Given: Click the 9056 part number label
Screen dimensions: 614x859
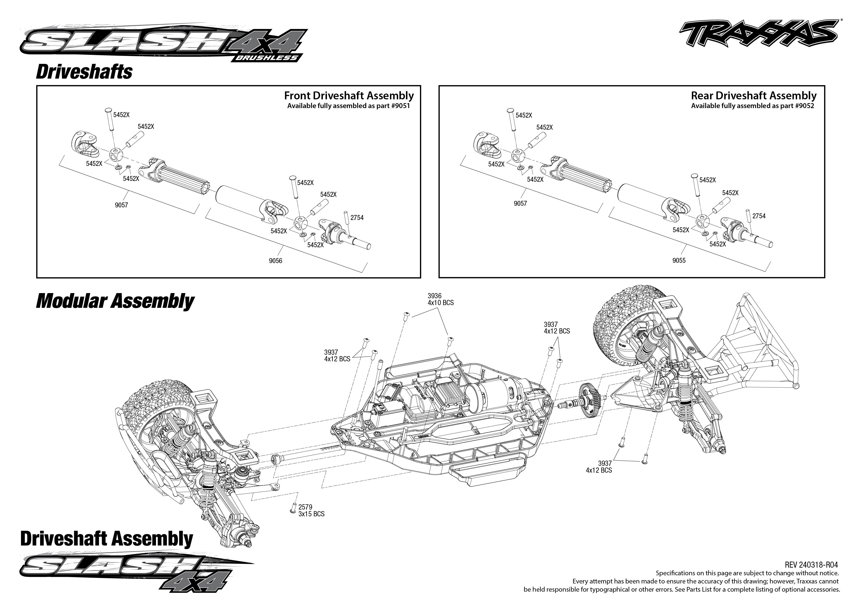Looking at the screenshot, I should tap(275, 261).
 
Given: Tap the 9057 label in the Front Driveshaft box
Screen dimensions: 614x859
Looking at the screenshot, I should tap(121, 205).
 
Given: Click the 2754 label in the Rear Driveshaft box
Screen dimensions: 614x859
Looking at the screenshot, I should tap(759, 216).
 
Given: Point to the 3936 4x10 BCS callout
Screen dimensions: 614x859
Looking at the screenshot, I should tap(440, 299).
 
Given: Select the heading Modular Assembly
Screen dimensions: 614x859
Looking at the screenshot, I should tap(115, 301).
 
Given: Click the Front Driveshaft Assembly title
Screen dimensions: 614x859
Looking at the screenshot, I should tap(349, 96).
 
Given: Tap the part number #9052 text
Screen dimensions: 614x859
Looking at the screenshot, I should tap(804, 106).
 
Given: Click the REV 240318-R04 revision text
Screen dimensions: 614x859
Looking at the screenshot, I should tap(811, 565).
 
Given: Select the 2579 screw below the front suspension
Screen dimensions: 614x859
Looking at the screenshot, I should tap(293, 508).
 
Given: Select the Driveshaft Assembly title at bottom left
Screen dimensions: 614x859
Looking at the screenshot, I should tap(107, 539).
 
